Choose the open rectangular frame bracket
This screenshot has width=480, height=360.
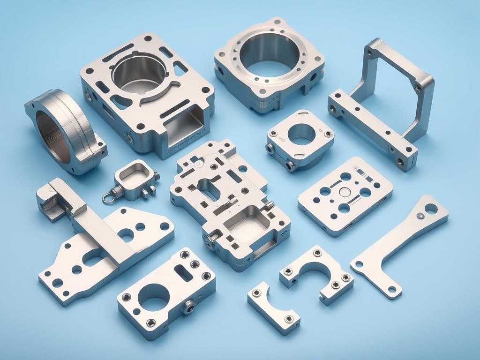[384, 103]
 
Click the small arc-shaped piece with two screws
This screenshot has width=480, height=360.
[273, 307]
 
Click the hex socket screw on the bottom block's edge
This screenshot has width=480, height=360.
[188, 307]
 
